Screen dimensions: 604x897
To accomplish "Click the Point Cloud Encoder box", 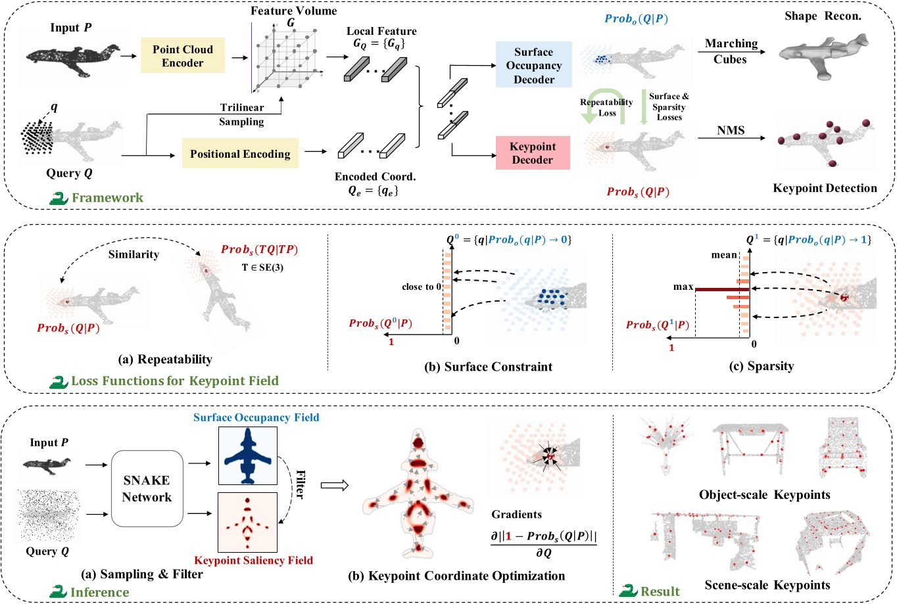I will point(183,56).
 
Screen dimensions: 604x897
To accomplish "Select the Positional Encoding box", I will point(240,154).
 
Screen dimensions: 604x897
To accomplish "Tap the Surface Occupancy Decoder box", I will point(533,66).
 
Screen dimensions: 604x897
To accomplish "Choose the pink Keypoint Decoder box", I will point(532,153).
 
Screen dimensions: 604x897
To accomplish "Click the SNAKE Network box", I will point(147,488).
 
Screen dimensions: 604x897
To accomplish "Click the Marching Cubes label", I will point(731,51).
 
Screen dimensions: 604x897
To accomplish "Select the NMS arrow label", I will point(731,130).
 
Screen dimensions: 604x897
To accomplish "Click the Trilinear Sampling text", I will point(241,114).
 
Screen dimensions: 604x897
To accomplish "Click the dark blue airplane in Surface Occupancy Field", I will point(248,457).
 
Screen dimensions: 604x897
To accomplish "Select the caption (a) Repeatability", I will point(165,360).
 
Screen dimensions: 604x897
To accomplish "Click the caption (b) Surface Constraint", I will point(488,367).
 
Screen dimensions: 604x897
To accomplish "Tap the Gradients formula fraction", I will point(543,545).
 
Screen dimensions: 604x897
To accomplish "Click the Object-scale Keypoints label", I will point(764,495).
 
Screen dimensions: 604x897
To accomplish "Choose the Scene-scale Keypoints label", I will point(767,585).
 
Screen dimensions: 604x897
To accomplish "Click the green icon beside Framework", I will point(59,198).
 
